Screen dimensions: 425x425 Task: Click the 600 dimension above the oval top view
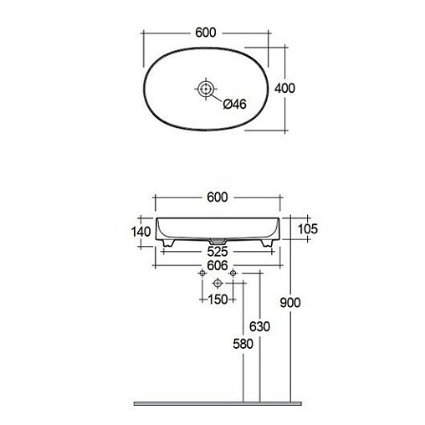coord(206,33)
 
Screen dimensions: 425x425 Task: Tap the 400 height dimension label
coord(284,88)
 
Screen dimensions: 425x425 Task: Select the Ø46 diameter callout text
coord(235,105)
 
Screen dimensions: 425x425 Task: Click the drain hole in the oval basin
coord(206,89)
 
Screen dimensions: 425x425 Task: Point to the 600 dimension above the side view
coord(218,197)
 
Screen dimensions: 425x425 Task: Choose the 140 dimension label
coord(141,232)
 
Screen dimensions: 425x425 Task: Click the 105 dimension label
coord(308,229)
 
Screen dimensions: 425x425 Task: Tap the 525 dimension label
coord(218,252)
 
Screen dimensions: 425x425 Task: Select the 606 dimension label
coord(218,265)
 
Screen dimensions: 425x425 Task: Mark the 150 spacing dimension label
coord(218,300)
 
